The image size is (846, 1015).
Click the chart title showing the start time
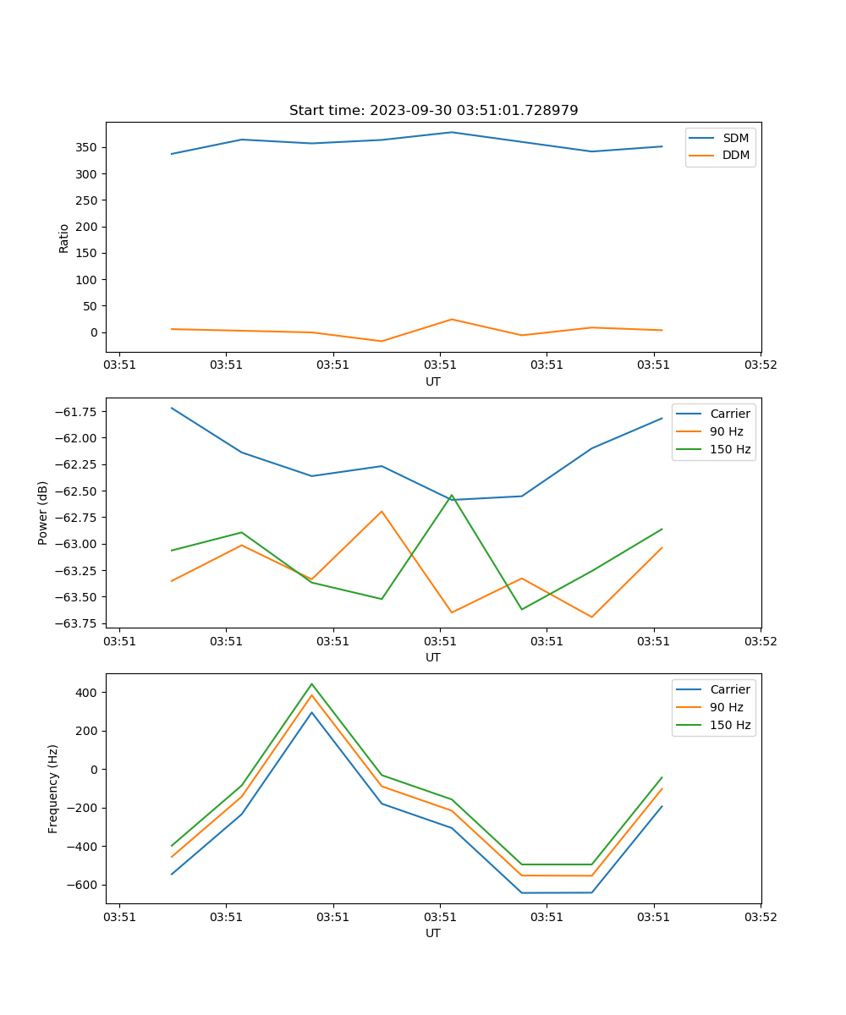[433, 111]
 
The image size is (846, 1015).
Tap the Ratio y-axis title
[64, 238]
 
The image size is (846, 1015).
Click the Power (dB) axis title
[43, 513]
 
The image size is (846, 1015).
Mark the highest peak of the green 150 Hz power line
[452, 495]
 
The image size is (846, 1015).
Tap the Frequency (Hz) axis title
[53, 788]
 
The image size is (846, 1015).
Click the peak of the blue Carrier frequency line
[311, 712]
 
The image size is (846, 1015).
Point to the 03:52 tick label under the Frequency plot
[760, 917]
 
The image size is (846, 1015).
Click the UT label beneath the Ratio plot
[433, 381]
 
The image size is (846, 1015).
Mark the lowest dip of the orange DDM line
[382, 341]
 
